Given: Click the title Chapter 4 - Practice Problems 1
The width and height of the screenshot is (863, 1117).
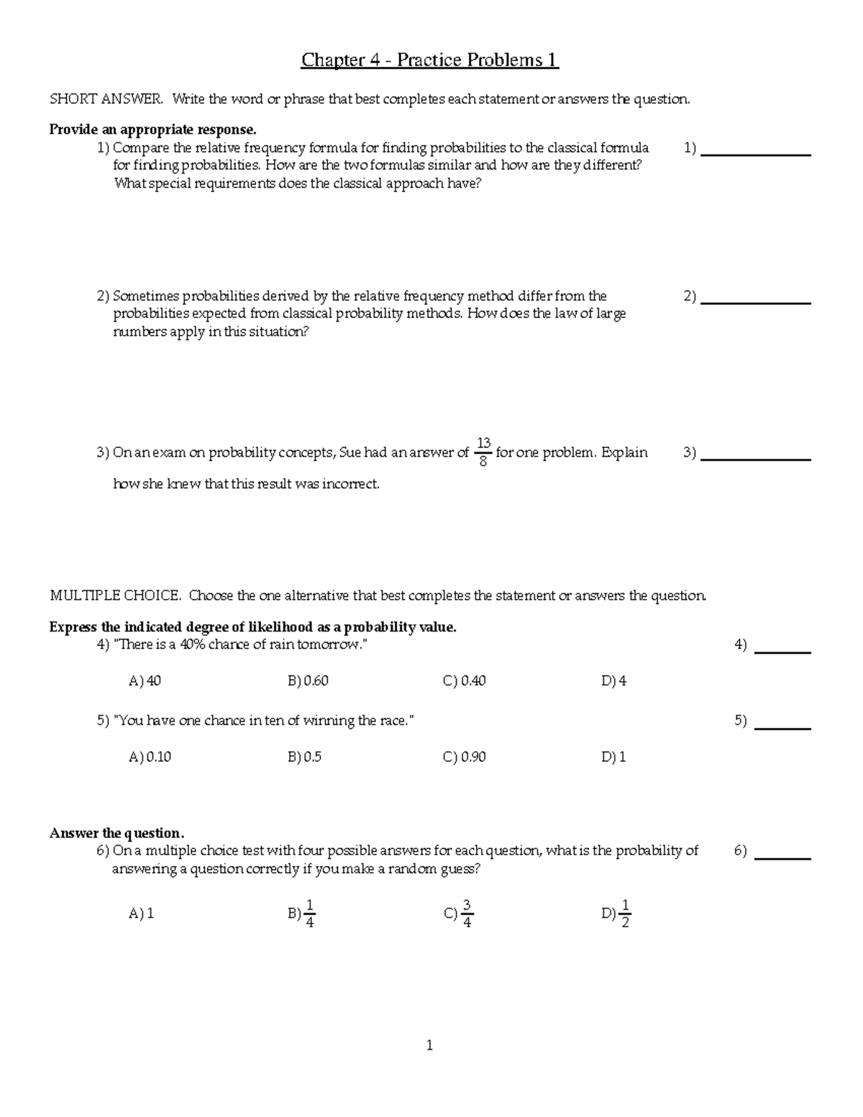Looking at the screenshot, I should click(429, 60).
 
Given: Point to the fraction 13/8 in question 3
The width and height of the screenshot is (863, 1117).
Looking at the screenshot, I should click(483, 452).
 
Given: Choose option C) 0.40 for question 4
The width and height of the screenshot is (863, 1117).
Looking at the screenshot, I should click(465, 680).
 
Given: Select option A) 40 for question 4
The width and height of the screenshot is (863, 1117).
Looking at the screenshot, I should click(145, 680).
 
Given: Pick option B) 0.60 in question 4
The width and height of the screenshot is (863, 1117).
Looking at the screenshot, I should click(308, 680).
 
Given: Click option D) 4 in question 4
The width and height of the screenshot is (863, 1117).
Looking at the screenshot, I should click(613, 680).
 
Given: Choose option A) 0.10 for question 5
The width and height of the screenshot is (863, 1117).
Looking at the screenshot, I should click(150, 757).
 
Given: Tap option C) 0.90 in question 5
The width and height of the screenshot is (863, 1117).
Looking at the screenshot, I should click(465, 757).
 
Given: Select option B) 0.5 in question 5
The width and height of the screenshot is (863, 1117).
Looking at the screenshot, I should click(304, 757).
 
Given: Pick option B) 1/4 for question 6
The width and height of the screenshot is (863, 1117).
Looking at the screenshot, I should click(302, 913).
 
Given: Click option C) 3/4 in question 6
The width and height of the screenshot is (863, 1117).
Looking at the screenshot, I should click(460, 913).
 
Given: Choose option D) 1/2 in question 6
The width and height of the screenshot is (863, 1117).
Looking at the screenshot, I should click(616, 913).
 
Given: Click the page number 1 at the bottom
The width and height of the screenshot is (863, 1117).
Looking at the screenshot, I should click(429, 1046).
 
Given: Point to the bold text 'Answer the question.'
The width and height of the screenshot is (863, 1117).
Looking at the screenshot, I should click(117, 833).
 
